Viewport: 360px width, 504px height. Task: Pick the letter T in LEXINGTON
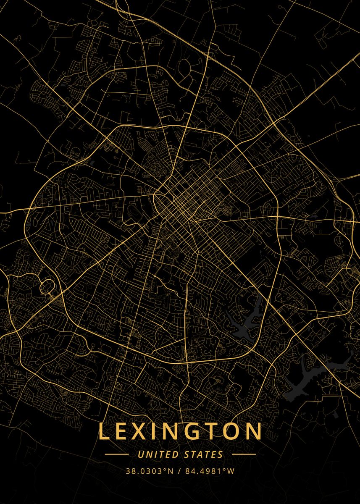click(x=214, y=432)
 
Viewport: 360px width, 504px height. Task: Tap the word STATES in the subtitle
click(x=204, y=454)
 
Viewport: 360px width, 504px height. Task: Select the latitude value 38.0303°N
click(x=149, y=471)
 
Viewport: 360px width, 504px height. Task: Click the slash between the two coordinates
click(x=179, y=471)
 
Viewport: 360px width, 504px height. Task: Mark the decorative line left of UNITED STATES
click(x=117, y=454)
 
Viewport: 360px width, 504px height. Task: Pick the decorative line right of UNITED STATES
click(x=244, y=454)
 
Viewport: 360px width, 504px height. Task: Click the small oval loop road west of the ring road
click(x=47, y=287)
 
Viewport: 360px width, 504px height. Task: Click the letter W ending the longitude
click(x=231, y=471)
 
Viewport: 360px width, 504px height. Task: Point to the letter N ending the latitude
click(x=170, y=471)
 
